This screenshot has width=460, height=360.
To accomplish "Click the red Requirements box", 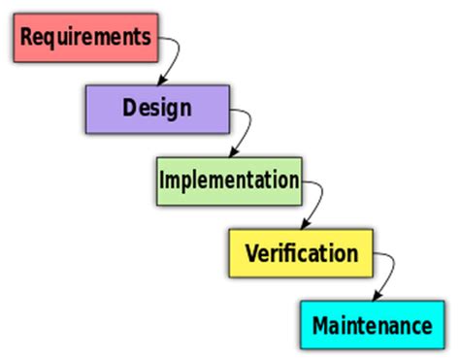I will coord(85,37).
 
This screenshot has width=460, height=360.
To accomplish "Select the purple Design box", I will coord(157,108).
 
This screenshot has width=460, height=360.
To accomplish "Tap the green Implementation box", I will coord(228,180).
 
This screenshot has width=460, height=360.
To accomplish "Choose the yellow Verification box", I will coord(300,253).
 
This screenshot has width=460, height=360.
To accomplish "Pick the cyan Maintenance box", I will coord(372,325).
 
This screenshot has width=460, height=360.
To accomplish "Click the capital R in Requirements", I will coord(27,37).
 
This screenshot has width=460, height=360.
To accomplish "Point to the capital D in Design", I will coord(130,107).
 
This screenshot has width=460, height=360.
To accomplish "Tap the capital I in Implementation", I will coord(163,180).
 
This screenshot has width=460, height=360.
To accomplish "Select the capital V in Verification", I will coord(251,252).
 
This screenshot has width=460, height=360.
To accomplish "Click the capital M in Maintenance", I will coord(322,325).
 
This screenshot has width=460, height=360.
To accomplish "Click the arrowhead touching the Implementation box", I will coord(231,153).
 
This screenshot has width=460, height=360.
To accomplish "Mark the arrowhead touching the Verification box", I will coord(303,226).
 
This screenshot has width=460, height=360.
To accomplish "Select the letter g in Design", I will coord(172,110).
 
